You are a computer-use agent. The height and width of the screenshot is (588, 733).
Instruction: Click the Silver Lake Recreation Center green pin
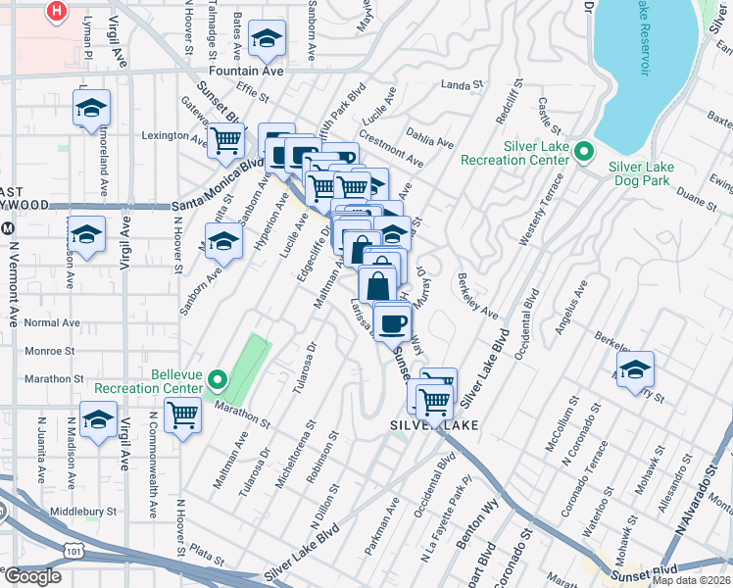click(x=584, y=151)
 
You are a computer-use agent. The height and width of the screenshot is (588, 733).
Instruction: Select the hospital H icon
click(x=58, y=11)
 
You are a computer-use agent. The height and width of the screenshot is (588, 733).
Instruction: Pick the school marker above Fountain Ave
click(x=267, y=39)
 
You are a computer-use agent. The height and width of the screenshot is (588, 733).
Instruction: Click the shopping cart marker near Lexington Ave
click(x=225, y=142)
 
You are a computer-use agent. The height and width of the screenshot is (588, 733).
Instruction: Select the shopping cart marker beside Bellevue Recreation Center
click(x=182, y=415)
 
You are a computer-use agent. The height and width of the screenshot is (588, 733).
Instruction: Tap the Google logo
click(x=31, y=576)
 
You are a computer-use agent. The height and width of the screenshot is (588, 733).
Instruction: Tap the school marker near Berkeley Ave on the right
click(x=636, y=369)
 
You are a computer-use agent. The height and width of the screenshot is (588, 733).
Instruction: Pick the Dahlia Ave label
click(x=431, y=143)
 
